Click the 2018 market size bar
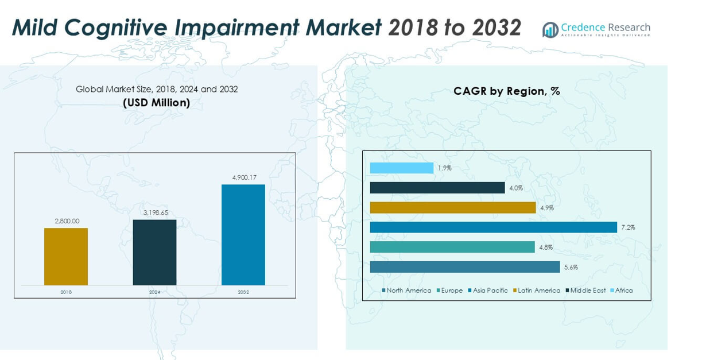coord(66,257)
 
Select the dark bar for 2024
coord(154,253)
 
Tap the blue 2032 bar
coord(243,235)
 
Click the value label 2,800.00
coord(67,221)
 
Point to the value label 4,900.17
coord(244,178)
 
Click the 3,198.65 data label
coord(156,212)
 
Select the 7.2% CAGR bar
coord(493,227)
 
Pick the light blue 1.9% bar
coord(401,168)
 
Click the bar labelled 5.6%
coord(464,267)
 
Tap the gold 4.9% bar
coord(452,208)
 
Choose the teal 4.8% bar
coord(452,247)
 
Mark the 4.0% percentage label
coord(516,188)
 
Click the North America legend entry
coord(406,291)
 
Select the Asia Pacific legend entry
coord(488,291)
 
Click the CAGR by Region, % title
coord(506,91)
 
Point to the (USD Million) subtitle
coord(156,103)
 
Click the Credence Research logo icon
coord(550,30)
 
